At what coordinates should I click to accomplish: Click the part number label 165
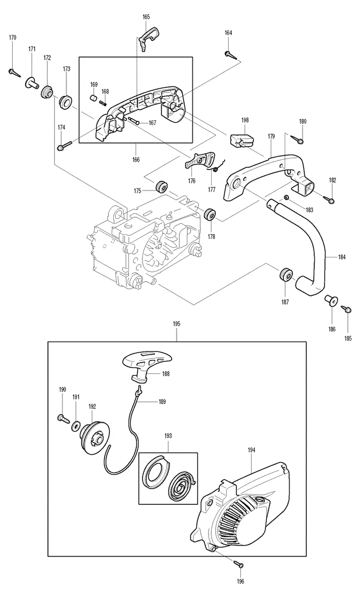coord(146,17)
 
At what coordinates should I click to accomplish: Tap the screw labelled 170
coord(14,72)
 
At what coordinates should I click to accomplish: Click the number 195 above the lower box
coord(176,324)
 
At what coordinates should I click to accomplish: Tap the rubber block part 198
coord(241,141)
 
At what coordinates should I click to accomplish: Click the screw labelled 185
coord(346,310)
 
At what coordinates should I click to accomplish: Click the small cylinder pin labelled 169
coord(93,98)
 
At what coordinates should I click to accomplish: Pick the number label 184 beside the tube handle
coord(342,257)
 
